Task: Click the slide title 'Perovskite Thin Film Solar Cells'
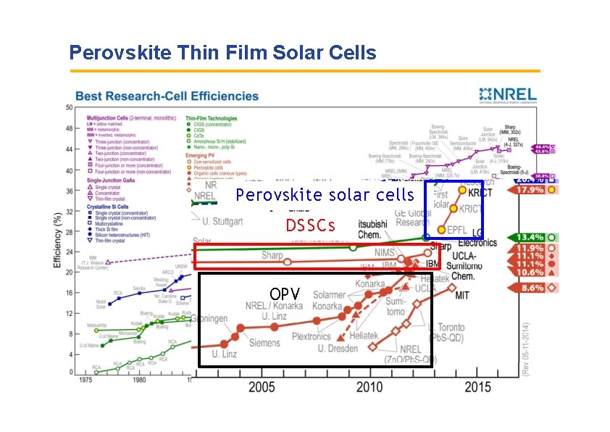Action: tap(222, 53)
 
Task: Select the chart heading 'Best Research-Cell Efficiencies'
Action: tap(167, 96)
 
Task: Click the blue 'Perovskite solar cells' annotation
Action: tap(325, 195)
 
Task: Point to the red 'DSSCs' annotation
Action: tap(310, 225)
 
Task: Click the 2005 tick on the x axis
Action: tap(262, 388)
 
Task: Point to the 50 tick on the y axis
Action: tap(69, 107)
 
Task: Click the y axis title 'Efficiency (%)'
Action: tap(58, 239)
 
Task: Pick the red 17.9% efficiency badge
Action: tap(538, 190)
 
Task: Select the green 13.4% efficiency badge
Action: tap(538, 237)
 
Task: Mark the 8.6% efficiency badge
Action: tap(538, 288)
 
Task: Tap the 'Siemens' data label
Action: tap(264, 343)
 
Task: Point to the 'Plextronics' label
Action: tap(311, 337)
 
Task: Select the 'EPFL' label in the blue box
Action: tap(456, 229)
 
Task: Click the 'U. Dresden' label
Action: tap(338, 349)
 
